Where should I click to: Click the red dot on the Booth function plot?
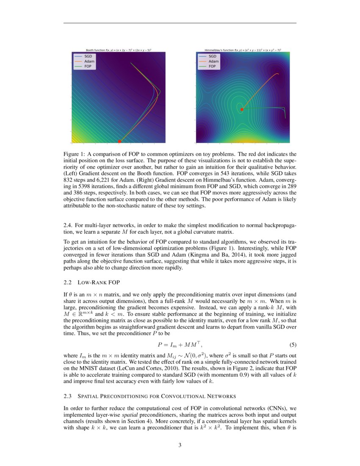(x=119, y=141)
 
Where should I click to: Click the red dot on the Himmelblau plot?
(x=242, y=109)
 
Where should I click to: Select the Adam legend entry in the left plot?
(x=89, y=61)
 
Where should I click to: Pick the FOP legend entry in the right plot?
(x=212, y=67)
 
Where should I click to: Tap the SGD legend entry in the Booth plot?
(x=88, y=56)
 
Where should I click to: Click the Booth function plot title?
(x=119, y=50)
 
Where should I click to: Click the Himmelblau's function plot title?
(x=243, y=50)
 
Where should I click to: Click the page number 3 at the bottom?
(x=180, y=445)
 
